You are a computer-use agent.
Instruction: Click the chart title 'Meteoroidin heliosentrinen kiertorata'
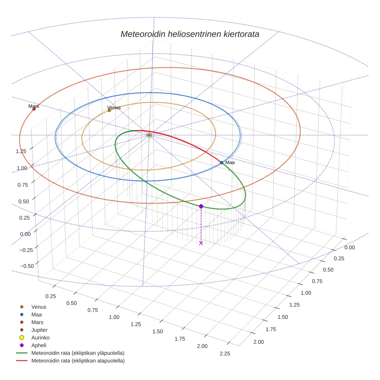190,34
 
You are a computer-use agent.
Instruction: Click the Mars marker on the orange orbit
34,109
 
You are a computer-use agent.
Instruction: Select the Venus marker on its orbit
109,110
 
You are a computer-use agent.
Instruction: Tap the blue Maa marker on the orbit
222,163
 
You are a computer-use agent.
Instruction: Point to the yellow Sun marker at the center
149,135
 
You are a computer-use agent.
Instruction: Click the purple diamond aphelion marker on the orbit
201,206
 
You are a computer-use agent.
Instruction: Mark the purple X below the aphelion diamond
201,243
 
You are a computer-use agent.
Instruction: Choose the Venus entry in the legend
39,307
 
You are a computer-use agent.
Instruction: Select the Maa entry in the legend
37,314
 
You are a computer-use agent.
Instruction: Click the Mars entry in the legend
37,322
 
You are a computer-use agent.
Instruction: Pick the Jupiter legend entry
39,330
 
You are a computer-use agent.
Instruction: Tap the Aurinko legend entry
40,338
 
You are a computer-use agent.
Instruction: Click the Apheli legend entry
39,345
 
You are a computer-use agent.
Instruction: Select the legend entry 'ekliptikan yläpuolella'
78,353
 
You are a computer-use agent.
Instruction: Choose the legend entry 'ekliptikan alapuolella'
78,361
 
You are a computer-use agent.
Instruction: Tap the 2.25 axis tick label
224,353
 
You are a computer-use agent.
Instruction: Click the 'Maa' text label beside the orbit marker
230,163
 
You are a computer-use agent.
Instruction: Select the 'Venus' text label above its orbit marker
114,107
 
